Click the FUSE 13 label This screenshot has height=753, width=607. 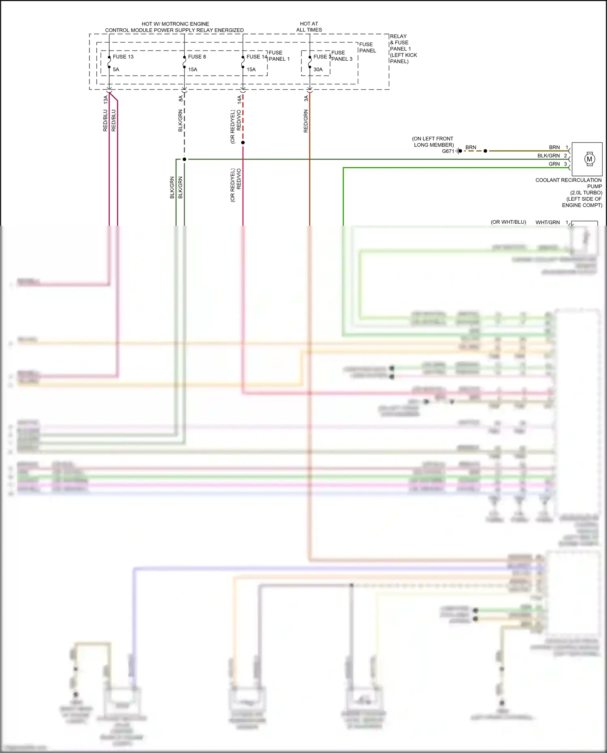(x=123, y=57)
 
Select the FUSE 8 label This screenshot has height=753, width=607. (x=197, y=57)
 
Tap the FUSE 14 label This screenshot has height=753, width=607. (x=257, y=57)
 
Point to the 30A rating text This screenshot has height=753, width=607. (x=318, y=70)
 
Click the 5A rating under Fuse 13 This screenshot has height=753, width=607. (x=116, y=70)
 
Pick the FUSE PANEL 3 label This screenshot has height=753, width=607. (x=342, y=56)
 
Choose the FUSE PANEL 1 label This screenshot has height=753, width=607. (x=279, y=56)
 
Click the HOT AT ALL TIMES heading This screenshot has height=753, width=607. (x=309, y=27)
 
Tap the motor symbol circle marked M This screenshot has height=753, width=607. (x=589, y=159)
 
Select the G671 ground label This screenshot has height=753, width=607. (x=448, y=151)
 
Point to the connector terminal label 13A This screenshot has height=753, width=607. (x=106, y=100)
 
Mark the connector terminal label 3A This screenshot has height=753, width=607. (x=306, y=98)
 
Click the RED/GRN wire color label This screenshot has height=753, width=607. (x=306, y=121)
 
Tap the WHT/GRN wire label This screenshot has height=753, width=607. (x=548, y=223)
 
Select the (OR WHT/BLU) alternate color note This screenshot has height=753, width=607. (x=508, y=222)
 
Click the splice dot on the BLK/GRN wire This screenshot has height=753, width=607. (x=185, y=159)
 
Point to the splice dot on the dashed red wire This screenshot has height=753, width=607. (x=243, y=142)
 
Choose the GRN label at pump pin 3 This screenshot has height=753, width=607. (x=554, y=164)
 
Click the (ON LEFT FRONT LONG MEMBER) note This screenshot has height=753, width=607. (x=433, y=142)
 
